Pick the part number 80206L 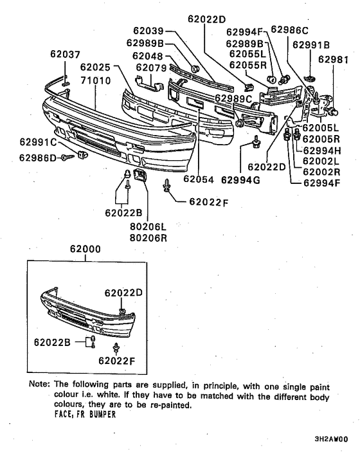click(148, 227)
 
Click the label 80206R click(148, 237)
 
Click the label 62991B click(310, 46)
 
